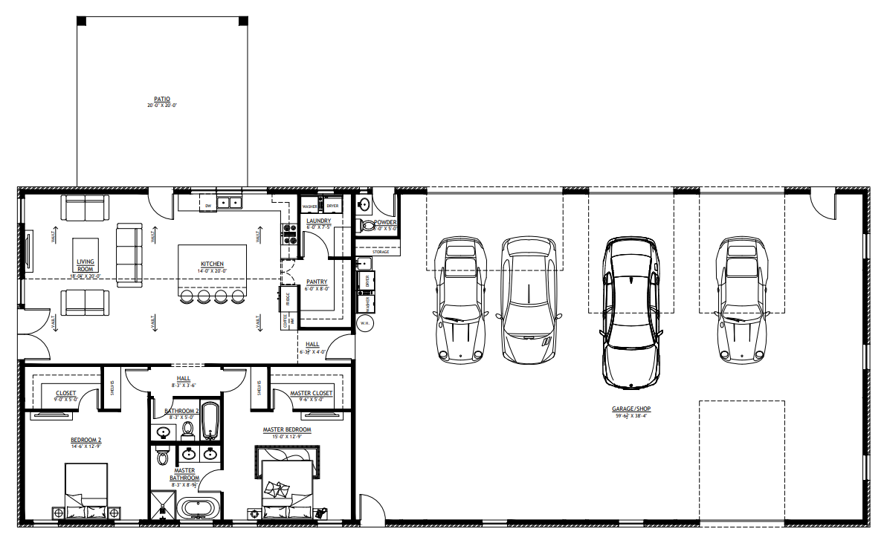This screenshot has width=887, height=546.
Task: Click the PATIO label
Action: coord(162,99)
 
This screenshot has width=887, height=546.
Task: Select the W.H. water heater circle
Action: coord(364,323)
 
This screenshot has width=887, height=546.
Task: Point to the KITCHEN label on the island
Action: coord(212,264)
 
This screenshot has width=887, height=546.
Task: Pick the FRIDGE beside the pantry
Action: coord(286,299)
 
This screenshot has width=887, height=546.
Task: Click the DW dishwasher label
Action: coord(209,204)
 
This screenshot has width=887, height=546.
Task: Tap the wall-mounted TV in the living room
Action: coord(30,253)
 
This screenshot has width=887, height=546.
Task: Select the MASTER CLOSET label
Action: coord(312,393)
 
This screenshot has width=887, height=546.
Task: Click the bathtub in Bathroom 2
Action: coord(210,421)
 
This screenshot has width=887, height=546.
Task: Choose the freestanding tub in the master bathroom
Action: coord(198,509)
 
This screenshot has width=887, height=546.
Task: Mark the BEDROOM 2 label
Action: coord(86,440)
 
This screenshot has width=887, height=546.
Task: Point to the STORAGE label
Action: coord(381,252)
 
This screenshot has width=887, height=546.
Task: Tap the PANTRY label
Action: coord(317,282)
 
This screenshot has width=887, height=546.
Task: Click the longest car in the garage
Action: coord(630,313)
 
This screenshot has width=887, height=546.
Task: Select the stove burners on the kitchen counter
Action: coord(288,234)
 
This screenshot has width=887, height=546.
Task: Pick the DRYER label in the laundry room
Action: coord(332,206)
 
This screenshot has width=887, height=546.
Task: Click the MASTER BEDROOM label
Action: coord(286,429)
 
